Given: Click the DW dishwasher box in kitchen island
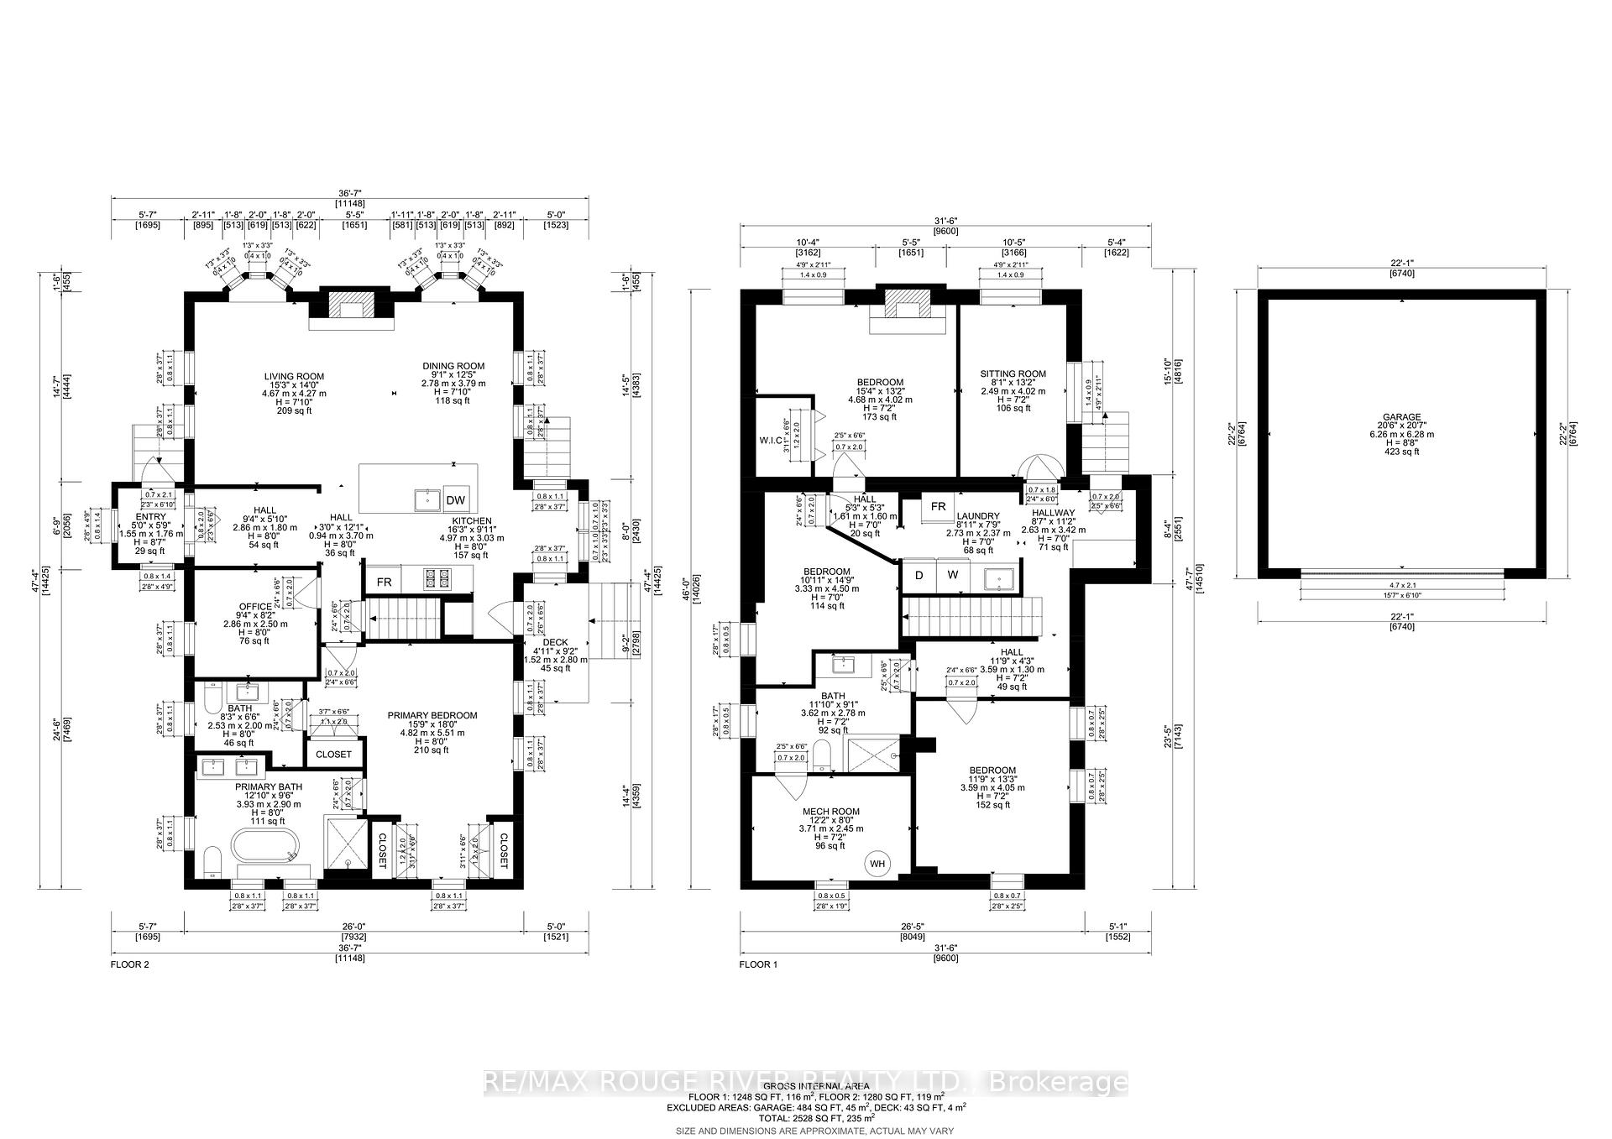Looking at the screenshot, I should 456,500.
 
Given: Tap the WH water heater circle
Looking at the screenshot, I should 877,864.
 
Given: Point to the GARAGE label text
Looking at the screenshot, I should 1402,417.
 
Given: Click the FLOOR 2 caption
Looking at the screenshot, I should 129,964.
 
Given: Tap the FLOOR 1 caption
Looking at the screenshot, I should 758,964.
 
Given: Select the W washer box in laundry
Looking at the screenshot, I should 953,575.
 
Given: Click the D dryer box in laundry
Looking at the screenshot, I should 919,575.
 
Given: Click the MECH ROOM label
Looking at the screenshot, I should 830,812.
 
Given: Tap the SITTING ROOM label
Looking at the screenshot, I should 1013,374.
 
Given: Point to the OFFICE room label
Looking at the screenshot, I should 255,606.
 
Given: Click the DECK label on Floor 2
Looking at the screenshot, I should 555,642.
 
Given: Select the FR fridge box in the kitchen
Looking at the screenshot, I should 384,582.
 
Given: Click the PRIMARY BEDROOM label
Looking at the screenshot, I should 432,715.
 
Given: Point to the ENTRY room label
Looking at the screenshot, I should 151,517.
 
